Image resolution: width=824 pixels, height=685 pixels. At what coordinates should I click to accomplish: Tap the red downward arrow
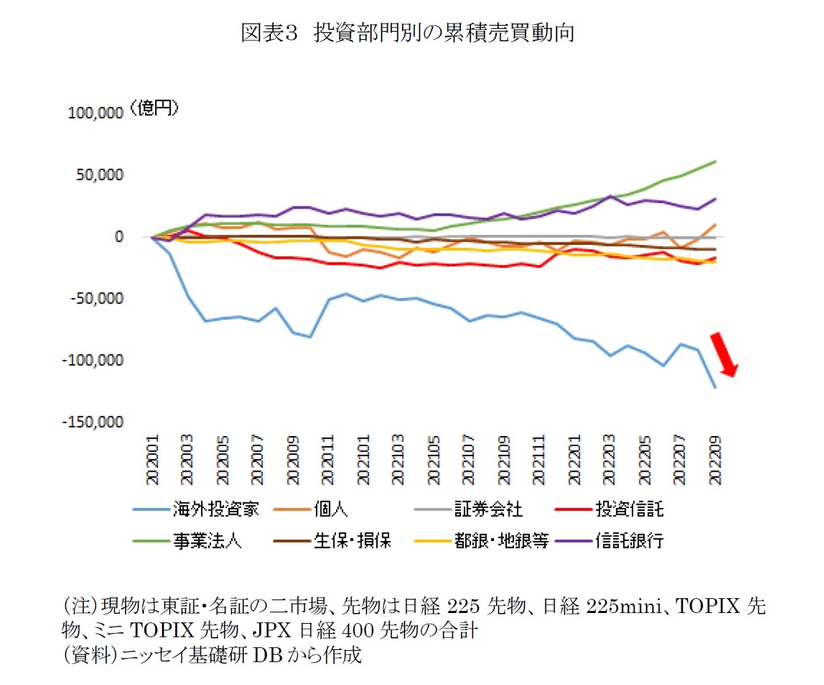coord(724,354)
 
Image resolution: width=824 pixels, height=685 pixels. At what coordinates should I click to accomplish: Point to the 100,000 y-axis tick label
coord(95,113)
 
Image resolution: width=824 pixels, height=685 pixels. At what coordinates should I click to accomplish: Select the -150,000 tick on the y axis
coord(93,422)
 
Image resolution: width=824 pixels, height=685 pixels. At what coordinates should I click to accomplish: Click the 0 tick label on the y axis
coord(119,236)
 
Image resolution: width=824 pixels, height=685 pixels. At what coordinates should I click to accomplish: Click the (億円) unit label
coord(154,108)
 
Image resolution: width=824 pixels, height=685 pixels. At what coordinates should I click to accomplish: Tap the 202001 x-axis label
coord(153,460)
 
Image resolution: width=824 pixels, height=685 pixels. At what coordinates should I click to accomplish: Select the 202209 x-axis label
coord(716,460)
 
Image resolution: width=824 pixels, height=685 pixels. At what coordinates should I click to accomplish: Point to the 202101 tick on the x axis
coord(364,460)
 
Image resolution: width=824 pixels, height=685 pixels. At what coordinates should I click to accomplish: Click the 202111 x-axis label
coord(540,460)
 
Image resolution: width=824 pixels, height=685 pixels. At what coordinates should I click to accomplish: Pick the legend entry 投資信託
coord(629,509)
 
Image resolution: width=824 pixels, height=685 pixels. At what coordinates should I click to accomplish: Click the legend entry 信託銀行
coord(629,540)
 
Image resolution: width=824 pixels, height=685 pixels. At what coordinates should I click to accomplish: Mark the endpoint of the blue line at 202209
coord(715,388)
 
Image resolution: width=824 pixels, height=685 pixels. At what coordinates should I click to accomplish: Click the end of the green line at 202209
coord(715,161)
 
